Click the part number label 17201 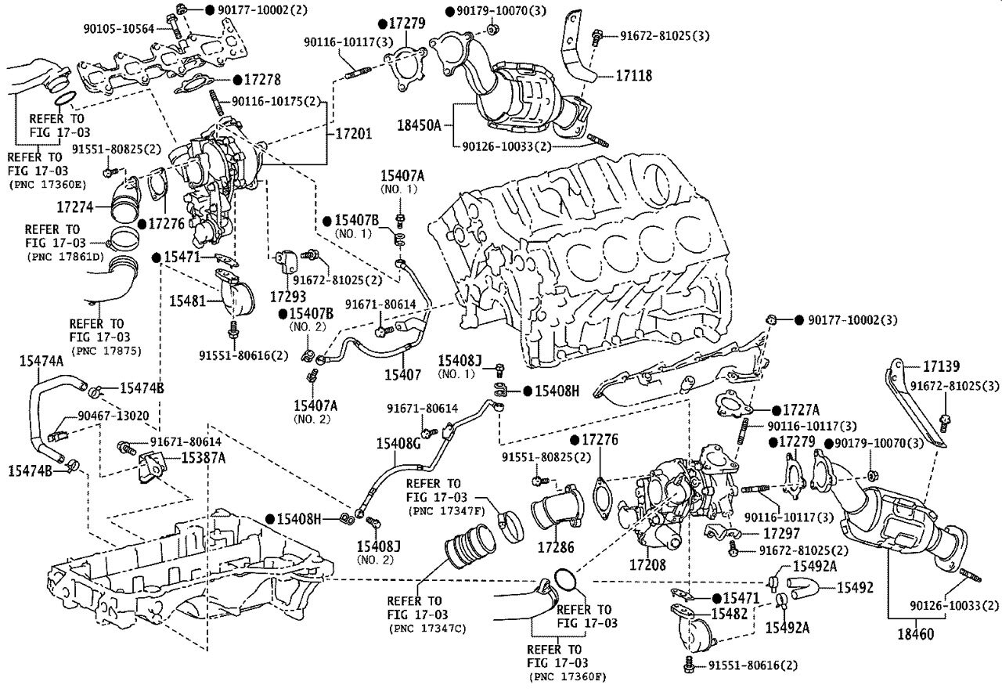tap(353, 133)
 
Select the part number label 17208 tap(647, 565)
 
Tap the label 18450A tap(419, 124)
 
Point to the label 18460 tap(916, 634)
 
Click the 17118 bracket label tap(634, 76)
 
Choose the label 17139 tap(942, 366)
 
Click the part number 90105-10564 tap(119, 29)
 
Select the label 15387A tap(203, 458)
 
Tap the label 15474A tap(41, 361)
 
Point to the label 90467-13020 tap(114, 416)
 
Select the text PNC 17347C tap(427, 629)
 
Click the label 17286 tap(556, 547)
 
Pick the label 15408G tap(398, 443)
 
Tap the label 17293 tap(288, 296)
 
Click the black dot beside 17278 tap(237, 80)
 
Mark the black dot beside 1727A tap(776, 410)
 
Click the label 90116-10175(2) tap(276, 102)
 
